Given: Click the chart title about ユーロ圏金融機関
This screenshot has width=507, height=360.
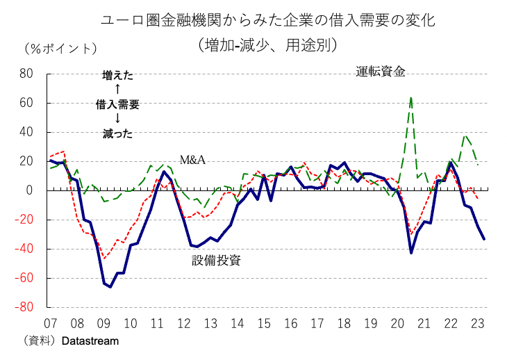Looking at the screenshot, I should point(268,20).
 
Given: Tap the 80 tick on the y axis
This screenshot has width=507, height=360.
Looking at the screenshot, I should point(26,74).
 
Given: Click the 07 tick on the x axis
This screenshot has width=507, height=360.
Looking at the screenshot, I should point(50,324).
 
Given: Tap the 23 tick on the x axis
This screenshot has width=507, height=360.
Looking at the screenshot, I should point(478,324).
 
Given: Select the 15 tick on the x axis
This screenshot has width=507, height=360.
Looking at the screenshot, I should point(264,324).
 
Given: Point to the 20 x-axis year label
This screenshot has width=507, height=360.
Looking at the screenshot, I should point(397,324).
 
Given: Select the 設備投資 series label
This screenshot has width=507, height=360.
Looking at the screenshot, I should point(216,261).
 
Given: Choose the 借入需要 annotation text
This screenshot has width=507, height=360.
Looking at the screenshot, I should point(117,104).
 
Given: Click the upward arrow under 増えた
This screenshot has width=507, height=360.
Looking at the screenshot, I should point(117,89).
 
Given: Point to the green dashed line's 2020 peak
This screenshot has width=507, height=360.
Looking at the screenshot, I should point(411,98).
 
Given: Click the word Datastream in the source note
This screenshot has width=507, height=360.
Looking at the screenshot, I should point(90,341).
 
